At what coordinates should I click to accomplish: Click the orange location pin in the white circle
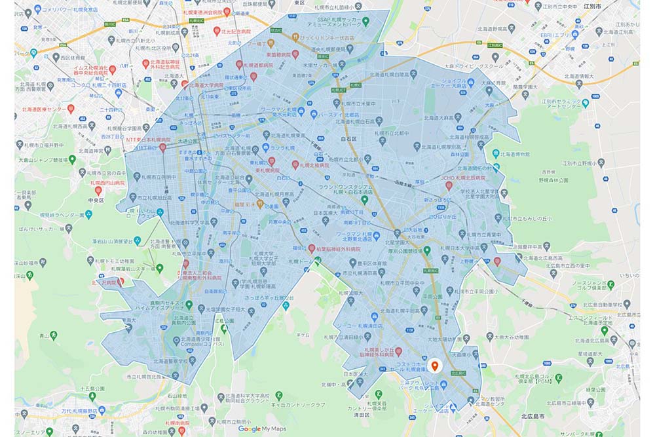tap(434, 366)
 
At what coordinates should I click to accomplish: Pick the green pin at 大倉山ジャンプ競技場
tap(72, 159)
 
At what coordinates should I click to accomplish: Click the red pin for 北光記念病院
tap(217, 31)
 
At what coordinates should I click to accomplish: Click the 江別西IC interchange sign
tap(496, 46)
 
